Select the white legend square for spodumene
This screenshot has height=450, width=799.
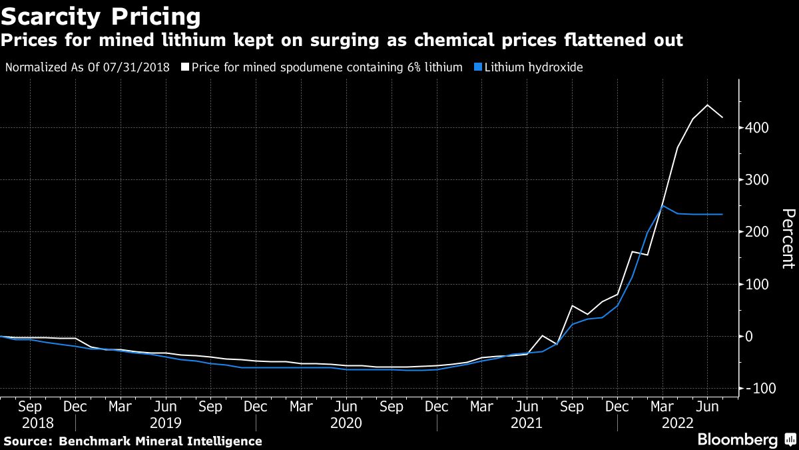[185, 67]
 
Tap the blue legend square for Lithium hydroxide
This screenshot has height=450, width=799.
[477, 67]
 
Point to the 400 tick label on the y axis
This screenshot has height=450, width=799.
[758, 127]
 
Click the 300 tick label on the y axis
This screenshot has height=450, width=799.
[758, 180]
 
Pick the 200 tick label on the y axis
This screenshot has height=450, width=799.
[758, 232]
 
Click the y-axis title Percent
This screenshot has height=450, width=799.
[788, 239]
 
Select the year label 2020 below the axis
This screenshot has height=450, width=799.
[347, 423]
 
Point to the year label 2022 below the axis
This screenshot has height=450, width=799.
[677, 423]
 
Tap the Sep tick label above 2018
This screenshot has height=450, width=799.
[30, 407]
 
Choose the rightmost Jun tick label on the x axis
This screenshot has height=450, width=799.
[707, 407]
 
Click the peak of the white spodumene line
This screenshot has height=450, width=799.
[707, 105]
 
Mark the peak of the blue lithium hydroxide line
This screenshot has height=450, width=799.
[662, 205]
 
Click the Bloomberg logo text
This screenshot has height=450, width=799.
[737, 439]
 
